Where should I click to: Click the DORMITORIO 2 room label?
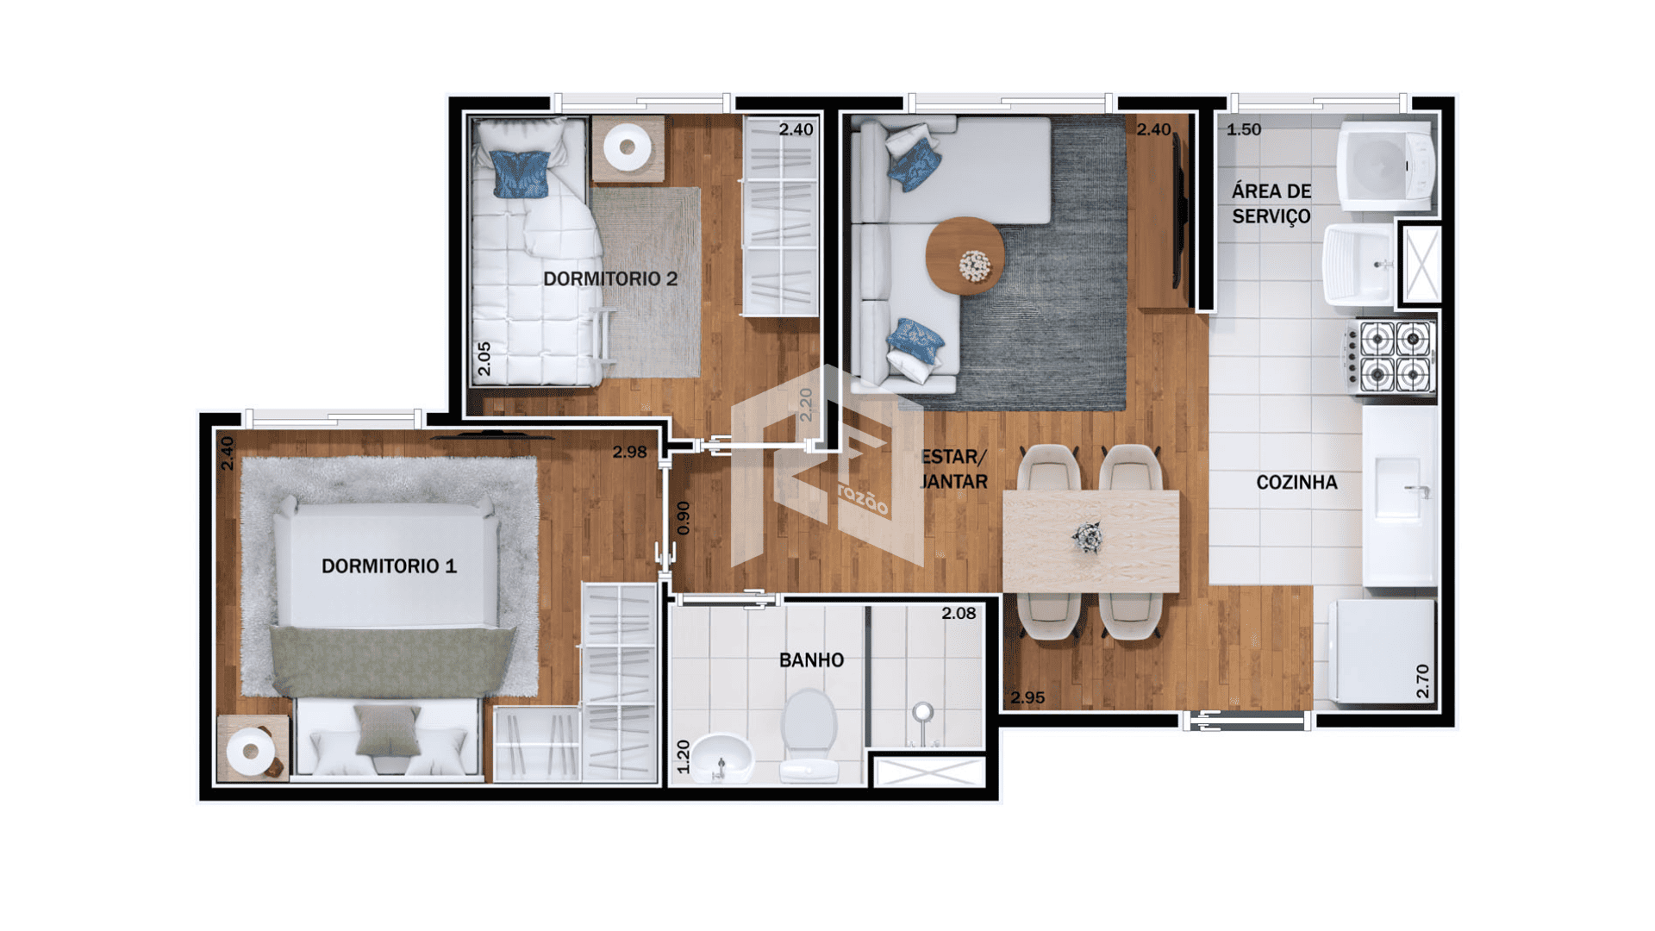[610, 278]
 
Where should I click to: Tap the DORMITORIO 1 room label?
[389, 566]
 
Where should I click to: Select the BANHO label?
[811, 660]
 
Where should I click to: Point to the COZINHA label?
[1296, 483]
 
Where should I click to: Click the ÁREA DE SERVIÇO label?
[1271, 203]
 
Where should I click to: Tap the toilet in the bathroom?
[809, 734]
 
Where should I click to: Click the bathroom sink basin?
[721, 757]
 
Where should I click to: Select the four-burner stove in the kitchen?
[1390, 357]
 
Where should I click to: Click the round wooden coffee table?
[965, 256]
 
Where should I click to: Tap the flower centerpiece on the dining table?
[1087, 537]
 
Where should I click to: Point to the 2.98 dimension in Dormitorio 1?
[629, 452]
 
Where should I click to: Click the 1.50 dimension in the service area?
[1244, 129]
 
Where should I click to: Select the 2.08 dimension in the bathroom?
[959, 614]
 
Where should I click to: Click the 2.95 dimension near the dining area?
[1027, 697]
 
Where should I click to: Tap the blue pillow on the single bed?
[521, 174]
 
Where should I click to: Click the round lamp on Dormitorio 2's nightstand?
[628, 147]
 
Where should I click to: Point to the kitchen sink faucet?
[1418, 490]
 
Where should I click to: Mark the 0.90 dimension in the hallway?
[684, 518]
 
